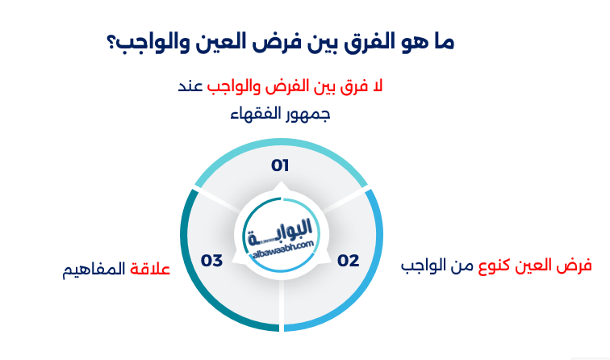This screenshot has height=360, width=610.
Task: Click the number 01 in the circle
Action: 280,165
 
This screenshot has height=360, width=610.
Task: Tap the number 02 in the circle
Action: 348,261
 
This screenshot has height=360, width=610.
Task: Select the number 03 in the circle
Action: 211,261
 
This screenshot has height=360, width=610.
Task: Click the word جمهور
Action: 310,114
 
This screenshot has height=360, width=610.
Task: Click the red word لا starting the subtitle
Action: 378,86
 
